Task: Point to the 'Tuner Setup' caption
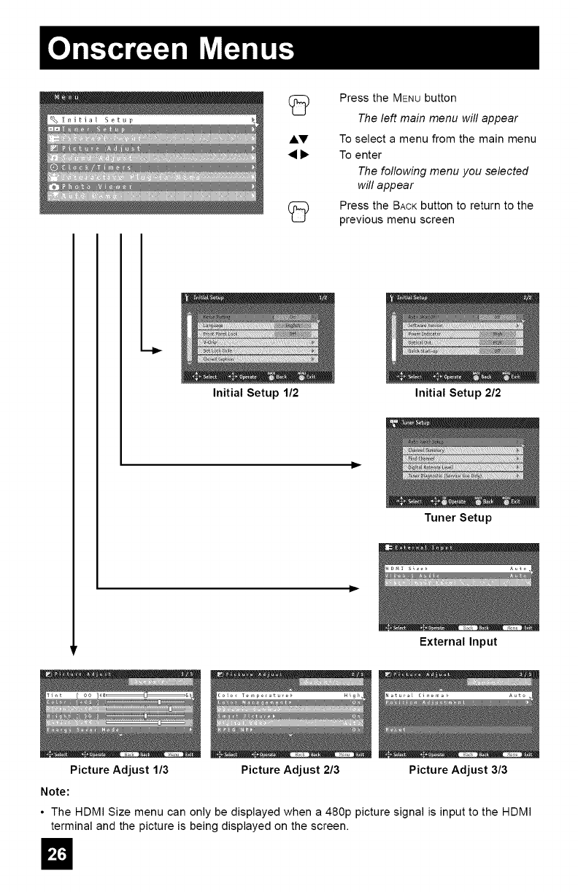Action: (x=458, y=518)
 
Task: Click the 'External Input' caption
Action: (x=458, y=642)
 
